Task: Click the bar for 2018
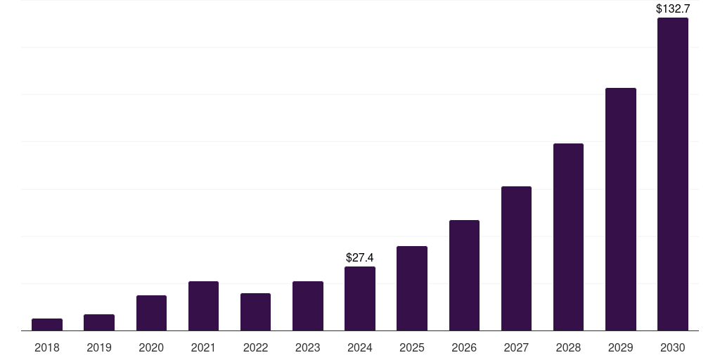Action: [x=47, y=324]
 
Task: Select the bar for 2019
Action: [x=99, y=322]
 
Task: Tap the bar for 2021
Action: [x=203, y=306]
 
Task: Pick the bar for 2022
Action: [x=255, y=311]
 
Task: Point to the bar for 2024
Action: [x=360, y=298]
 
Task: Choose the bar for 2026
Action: [x=464, y=275]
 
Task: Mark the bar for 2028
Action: [x=568, y=237]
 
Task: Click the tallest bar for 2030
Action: [x=673, y=174]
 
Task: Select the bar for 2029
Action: [x=621, y=209]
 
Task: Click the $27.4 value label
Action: [x=360, y=258]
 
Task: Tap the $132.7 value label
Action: [x=673, y=9]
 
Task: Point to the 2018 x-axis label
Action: [x=47, y=347]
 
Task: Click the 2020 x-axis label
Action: [x=151, y=347]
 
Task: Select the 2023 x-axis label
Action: [x=308, y=347]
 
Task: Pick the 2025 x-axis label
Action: [x=412, y=347]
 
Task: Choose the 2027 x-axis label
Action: [x=516, y=347]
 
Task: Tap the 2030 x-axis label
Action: [x=673, y=347]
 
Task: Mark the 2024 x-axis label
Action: [x=360, y=347]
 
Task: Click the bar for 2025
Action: [x=412, y=288]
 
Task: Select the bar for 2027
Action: [x=516, y=258]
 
